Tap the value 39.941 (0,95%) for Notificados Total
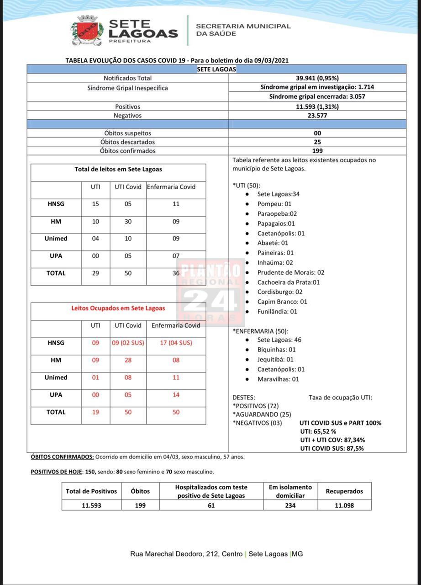[x=317, y=78]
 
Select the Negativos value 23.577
[x=317, y=116]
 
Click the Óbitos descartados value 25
[x=317, y=142]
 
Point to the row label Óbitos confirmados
[x=127, y=151]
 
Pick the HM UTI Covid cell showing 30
[x=128, y=222]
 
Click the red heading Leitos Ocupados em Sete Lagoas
[x=118, y=308]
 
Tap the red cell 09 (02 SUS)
[x=128, y=343]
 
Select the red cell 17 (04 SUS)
[x=176, y=343]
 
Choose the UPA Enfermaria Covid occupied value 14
[x=176, y=395]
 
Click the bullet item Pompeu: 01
[x=274, y=204]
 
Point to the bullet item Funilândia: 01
[x=277, y=312]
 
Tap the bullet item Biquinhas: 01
[x=276, y=350]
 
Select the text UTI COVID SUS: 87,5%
[x=332, y=448]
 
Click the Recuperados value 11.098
[x=344, y=505]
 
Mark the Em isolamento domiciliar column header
[x=290, y=491]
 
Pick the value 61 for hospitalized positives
[x=211, y=505]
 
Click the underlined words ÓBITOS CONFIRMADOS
[x=62, y=457]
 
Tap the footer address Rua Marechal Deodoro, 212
[x=186, y=554]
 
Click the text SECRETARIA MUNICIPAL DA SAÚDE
[x=243, y=30]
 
